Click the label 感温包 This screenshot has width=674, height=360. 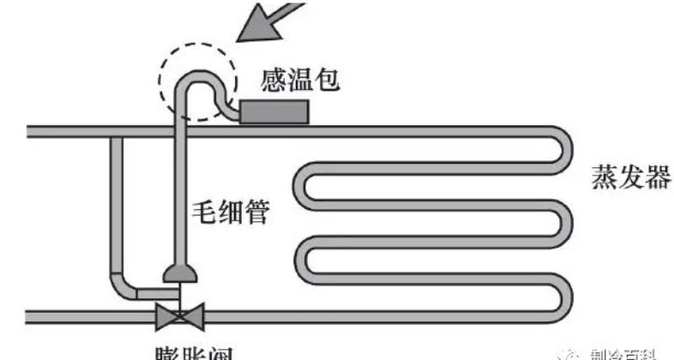[301, 81]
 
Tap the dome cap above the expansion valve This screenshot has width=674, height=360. [180, 273]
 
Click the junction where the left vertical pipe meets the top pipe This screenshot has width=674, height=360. [117, 132]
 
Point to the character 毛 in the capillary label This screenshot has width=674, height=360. [204, 211]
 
